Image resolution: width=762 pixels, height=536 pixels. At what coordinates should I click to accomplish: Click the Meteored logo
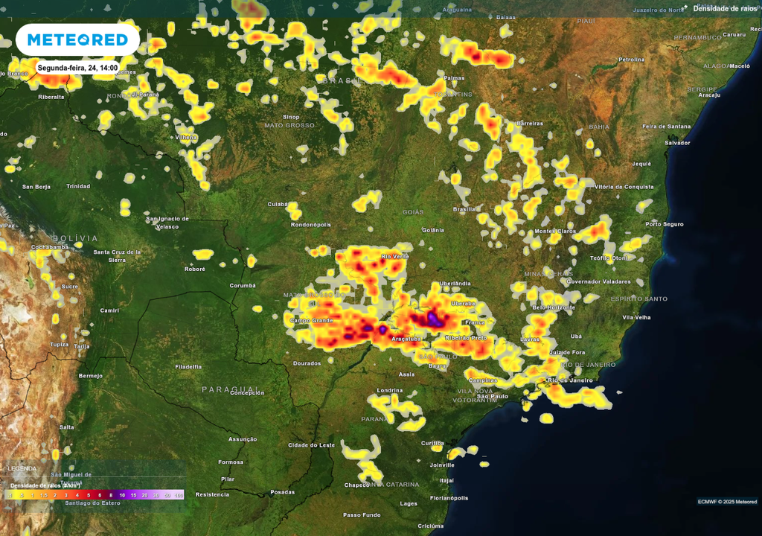tap(77, 39)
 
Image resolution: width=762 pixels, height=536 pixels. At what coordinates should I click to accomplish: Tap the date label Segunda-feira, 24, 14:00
tap(78, 68)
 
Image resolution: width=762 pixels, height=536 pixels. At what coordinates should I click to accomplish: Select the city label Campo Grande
tap(310, 321)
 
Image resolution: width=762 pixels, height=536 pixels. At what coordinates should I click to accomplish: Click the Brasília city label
tap(464, 209)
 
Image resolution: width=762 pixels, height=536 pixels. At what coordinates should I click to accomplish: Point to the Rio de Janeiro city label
tap(570, 380)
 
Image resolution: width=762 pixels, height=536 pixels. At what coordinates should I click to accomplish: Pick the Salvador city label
tap(677, 142)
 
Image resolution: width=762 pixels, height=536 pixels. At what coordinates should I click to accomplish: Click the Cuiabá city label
tap(278, 203)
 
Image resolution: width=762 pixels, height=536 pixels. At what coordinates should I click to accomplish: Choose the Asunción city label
tap(243, 439)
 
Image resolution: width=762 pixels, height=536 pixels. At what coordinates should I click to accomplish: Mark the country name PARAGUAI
tap(228, 389)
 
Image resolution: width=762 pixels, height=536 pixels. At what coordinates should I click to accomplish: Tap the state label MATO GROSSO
tap(289, 125)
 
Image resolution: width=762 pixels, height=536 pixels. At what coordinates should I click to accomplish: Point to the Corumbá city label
tap(243, 285)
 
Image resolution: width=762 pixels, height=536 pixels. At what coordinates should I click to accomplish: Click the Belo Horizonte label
tap(554, 307)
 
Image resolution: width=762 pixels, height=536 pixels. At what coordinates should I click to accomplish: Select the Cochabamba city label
tap(50, 246)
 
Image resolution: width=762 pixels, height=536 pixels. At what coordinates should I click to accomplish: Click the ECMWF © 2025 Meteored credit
tap(727, 501)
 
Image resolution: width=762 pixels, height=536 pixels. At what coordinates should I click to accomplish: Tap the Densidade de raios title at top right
tap(726, 8)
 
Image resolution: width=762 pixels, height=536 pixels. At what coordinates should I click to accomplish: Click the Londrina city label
tap(390, 390)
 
